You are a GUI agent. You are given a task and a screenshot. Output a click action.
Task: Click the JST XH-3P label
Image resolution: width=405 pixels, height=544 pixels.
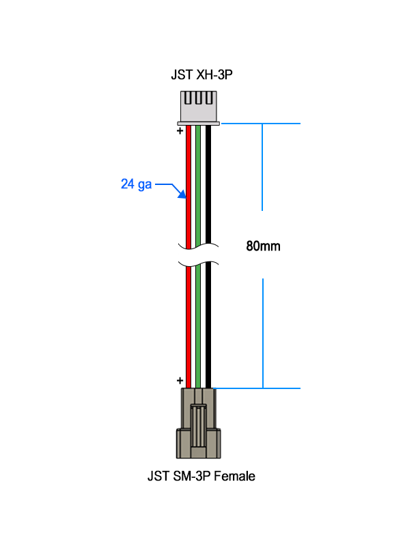tap(201, 75)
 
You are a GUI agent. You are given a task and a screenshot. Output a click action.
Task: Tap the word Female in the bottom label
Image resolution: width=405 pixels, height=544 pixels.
tap(234, 476)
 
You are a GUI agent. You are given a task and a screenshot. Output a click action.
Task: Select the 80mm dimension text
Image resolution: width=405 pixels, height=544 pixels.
tap(263, 246)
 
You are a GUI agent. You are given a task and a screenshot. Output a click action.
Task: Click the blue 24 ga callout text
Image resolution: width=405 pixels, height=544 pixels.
tap(136, 184)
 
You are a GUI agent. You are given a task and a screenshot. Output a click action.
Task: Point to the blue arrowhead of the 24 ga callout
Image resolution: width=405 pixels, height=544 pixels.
tap(182, 195)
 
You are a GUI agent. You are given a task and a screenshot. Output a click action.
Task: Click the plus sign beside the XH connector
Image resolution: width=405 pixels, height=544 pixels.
tap(180, 131)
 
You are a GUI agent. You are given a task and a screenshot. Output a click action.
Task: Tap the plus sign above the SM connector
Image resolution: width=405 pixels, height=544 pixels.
tap(180, 381)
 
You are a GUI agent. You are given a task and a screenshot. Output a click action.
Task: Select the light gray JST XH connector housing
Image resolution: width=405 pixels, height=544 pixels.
tap(199, 108)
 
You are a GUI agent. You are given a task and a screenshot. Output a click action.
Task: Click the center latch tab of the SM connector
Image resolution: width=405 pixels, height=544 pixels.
tap(198, 426)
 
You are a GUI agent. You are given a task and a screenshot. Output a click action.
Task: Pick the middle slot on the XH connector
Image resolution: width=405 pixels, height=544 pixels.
tap(199, 98)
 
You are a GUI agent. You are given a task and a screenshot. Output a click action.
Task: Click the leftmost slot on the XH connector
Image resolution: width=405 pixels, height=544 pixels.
tap(188, 98)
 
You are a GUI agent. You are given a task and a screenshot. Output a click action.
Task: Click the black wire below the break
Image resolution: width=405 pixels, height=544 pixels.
tap(208, 325)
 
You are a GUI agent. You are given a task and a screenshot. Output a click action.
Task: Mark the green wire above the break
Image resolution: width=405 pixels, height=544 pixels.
tap(198, 185)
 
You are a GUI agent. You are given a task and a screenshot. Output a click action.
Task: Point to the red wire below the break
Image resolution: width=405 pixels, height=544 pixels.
tap(188, 327)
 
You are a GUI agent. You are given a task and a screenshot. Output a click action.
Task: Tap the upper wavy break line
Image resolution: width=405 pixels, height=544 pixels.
tap(199, 246)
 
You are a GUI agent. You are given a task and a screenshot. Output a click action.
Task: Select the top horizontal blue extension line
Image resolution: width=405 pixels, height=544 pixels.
tap(261, 123)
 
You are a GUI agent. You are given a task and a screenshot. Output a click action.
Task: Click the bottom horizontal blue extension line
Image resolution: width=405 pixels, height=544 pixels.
tap(257, 388)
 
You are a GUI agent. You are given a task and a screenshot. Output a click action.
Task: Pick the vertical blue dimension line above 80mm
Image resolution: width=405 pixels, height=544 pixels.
tap(262, 167)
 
